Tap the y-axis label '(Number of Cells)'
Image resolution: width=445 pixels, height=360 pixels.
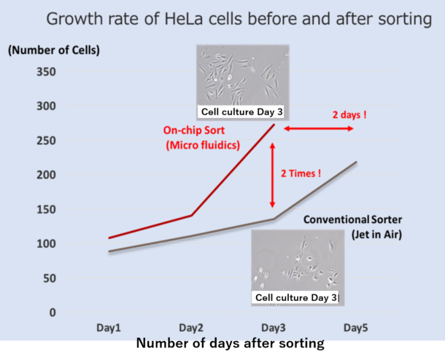[54, 50]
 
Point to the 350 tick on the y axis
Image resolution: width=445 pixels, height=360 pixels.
[46, 71]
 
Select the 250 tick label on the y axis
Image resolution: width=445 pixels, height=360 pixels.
[46, 141]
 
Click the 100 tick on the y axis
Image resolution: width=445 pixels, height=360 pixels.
[46, 244]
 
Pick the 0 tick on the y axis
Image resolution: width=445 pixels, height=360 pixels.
[53, 313]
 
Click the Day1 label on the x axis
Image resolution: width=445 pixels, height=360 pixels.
[109, 328]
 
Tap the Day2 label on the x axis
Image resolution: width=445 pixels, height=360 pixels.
[191, 328]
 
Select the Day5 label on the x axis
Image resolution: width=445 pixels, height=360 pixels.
[355, 328]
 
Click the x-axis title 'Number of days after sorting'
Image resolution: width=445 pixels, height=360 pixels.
[231, 343]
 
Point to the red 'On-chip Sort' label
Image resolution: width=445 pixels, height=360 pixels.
[194, 130]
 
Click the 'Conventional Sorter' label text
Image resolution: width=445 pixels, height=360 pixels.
[353, 219]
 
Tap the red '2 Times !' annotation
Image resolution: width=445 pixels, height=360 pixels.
[301, 173]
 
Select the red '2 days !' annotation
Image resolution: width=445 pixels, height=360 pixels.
[349, 115]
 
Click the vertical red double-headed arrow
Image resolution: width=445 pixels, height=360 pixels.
[272, 175]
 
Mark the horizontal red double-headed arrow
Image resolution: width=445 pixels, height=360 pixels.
[318, 129]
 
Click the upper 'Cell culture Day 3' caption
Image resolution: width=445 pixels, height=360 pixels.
[242, 112]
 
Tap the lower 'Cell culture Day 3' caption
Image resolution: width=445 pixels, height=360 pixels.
[296, 297]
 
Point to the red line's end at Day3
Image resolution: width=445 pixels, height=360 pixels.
[274, 125]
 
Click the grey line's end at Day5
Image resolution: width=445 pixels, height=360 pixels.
[357, 162]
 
